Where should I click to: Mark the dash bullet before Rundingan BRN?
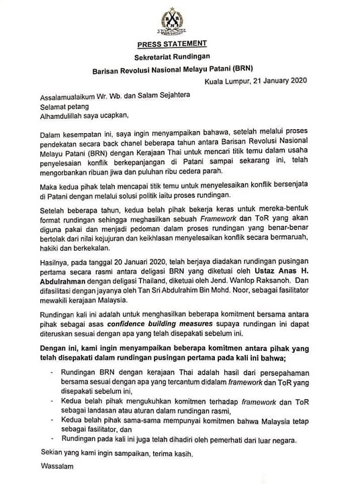(x=49, y=370)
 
